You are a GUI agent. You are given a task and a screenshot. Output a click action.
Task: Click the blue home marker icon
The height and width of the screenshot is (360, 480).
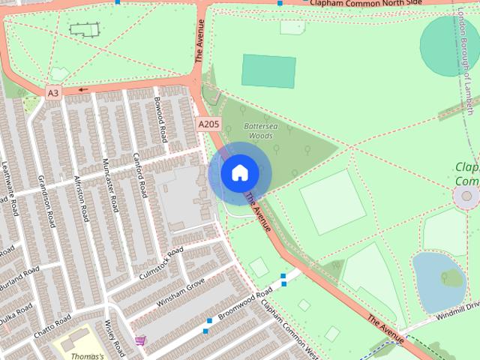click(x=239, y=172)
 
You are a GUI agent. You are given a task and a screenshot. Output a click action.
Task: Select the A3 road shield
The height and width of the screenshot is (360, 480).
click(x=52, y=93)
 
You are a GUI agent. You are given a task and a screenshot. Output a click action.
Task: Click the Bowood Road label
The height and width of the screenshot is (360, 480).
click(x=160, y=118)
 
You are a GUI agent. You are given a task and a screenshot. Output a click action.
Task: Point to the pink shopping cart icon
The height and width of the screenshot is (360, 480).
click(x=140, y=340)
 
